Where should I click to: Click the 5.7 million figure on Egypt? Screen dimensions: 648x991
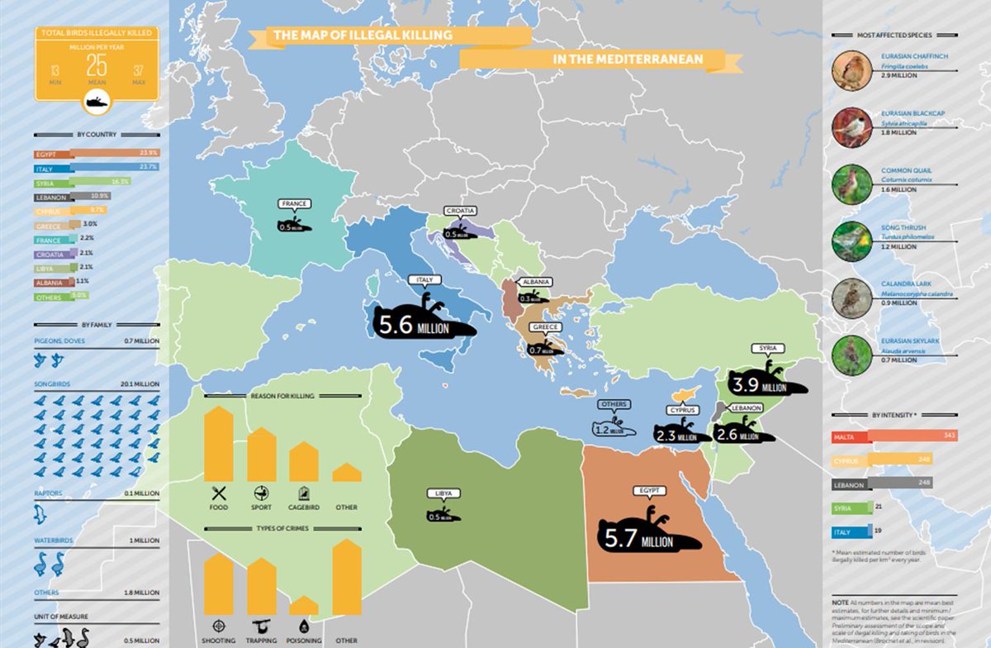pos(637,540)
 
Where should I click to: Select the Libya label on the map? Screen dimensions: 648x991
pos(442,493)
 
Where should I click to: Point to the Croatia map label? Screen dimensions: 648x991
pos(460,211)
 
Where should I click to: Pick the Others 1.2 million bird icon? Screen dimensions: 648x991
pos(615,427)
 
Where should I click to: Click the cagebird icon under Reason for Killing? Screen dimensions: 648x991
pos(304,493)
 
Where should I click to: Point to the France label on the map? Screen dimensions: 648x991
pos(295,203)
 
